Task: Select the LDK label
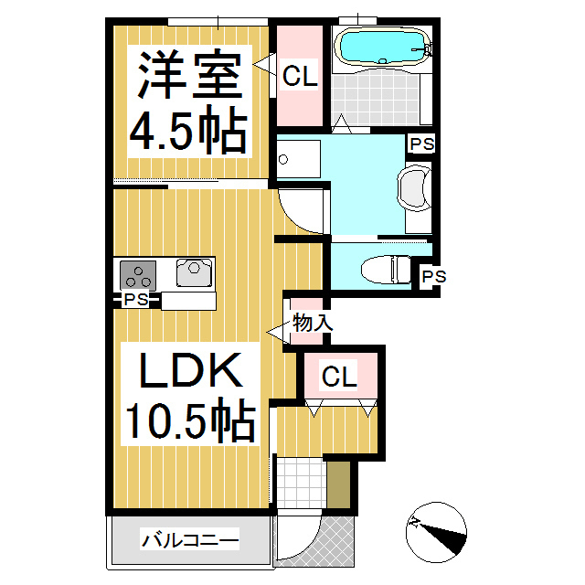point(190,372)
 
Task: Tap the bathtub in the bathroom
point(381,44)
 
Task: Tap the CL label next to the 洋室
point(299,78)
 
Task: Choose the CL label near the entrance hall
point(339,376)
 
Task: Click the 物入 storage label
point(312,322)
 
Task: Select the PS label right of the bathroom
point(421,144)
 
